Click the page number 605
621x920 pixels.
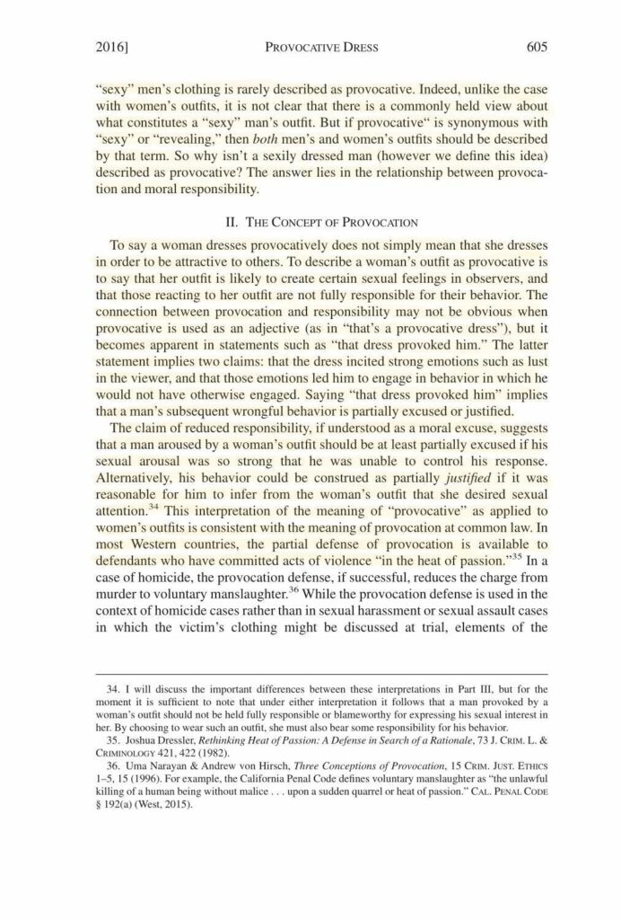(x=537, y=46)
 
